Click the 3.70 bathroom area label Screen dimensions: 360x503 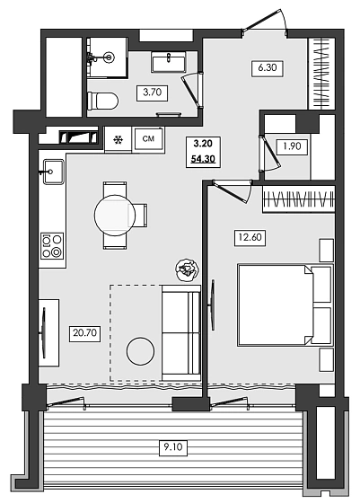[x=153, y=93]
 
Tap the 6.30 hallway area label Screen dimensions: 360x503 [x=268, y=68]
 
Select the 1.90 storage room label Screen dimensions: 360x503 [x=292, y=146]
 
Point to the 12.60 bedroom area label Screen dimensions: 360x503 [x=250, y=238]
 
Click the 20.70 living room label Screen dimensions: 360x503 [x=85, y=333]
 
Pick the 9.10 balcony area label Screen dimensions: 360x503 [x=173, y=447]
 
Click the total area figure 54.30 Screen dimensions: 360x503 [x=203, y=158]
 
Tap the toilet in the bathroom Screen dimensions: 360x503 [x=102, y=101]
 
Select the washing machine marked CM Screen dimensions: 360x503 [x=149, y=139]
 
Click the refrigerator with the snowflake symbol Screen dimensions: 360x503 [x=119, y=139]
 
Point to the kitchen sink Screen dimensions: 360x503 [x=54, y=172]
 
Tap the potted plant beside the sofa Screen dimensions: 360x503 [x=188, y=270]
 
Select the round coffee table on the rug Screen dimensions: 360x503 [x=140, y=351]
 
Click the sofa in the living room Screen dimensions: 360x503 [x=181, y=333]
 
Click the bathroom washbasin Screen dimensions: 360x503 [x=169, y=62]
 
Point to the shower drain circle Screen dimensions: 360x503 [x=110, y=57]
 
